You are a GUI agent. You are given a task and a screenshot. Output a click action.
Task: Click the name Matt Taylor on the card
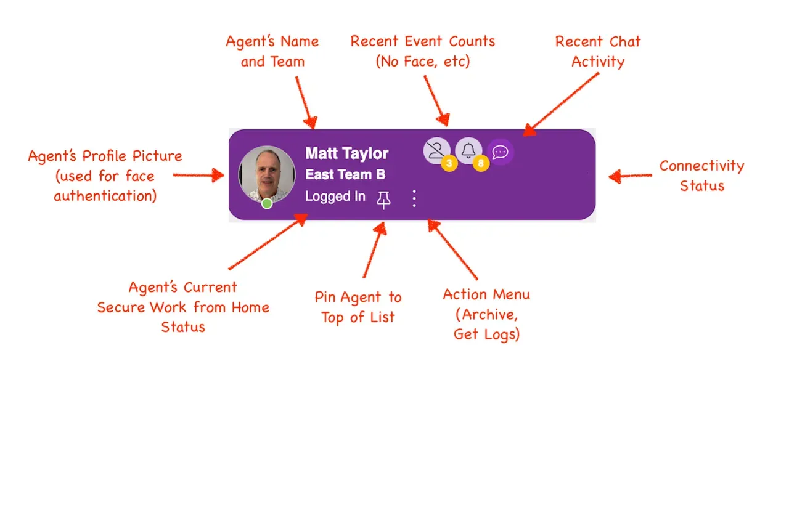pos(346,153)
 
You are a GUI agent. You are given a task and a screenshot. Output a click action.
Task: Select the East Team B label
pos(345,174)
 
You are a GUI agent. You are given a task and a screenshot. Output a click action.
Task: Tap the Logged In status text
pos(335,196)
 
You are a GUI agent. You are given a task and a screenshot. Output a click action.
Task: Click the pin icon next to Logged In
pos(383,200)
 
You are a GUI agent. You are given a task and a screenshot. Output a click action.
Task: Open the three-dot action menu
pos(414,198)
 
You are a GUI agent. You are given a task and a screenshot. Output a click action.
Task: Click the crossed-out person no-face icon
pos(436,150)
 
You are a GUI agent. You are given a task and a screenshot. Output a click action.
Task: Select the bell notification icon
pos(468,150)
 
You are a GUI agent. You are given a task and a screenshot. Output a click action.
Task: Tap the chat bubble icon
pos(500,152)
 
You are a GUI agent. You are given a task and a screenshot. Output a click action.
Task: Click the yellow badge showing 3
pos(449,163)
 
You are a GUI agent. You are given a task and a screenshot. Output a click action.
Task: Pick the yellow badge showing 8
pos(481,163)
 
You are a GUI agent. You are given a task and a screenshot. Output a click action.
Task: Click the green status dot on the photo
pos(267,203)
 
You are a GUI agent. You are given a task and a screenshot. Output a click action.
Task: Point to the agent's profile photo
pos(267,174)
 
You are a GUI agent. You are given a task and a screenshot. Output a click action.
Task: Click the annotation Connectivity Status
pos(701,176)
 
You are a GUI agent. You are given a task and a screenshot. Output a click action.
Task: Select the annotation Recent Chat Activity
pos(598,51)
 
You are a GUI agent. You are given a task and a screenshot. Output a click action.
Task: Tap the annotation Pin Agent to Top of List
pos(358,307)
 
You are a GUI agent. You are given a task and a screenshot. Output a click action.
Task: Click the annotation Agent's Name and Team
pos(272,51)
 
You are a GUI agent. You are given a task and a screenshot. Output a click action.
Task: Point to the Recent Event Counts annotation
pos(423,51)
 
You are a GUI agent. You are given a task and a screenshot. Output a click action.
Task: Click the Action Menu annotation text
pos(486,314)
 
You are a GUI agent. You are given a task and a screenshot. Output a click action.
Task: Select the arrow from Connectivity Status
pos(630,176)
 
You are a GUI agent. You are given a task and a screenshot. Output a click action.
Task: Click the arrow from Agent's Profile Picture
pos(198,175)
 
